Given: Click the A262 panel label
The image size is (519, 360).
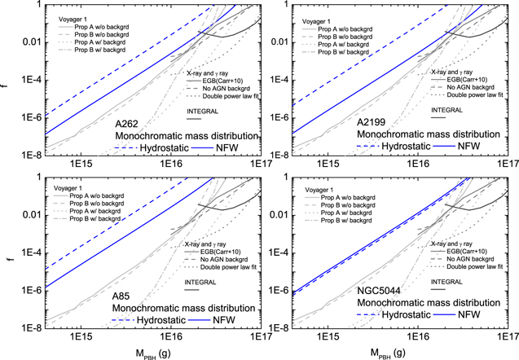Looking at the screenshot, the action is click(127, 124).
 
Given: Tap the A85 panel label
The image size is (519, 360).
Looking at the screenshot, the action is click(121, 296).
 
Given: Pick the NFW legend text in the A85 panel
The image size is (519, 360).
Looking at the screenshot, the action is click(224, 320).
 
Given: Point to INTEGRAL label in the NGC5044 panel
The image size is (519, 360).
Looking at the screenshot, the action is click(446, 282).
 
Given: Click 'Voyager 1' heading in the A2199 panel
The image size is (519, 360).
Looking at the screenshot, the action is click(316, 21).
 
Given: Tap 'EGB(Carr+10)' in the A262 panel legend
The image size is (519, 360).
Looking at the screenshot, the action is click(222, 81).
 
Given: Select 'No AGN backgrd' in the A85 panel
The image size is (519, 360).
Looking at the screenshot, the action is click(224, 259).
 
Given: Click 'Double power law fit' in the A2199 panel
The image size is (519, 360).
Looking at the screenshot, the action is click(475, 95).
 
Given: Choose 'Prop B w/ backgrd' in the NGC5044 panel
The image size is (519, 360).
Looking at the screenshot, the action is click(346, 221).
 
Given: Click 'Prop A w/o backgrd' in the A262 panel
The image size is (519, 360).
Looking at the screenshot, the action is click(102, 27).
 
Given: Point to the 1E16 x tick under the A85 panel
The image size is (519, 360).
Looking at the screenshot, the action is click(171, 336).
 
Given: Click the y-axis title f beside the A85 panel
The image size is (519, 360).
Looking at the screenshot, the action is click(11, 257).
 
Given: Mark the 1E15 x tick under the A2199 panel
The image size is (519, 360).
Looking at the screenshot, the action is click(328, 164).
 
